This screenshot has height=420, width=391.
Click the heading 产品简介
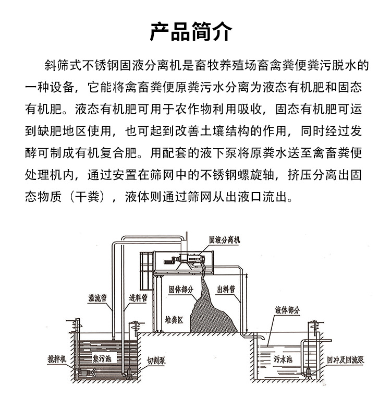(191, 32)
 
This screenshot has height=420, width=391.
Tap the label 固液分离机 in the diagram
(224, 240)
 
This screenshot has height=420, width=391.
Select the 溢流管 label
(97, 298)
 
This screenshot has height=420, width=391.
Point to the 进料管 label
(138, 297)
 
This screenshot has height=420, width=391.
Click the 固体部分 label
(180, 290)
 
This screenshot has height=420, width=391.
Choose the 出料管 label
(226, 289)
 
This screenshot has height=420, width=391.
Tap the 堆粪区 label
(174, 320)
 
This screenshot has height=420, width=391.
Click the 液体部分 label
(287, 310)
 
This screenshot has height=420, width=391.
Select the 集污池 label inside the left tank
(102, 358)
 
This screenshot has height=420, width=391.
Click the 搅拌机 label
(57, 359)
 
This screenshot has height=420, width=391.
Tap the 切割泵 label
(156, 361)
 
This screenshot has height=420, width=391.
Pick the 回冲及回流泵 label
(345, 359)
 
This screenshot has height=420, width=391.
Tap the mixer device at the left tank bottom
(85, 372)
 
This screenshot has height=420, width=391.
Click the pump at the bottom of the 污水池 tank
(309, 374)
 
